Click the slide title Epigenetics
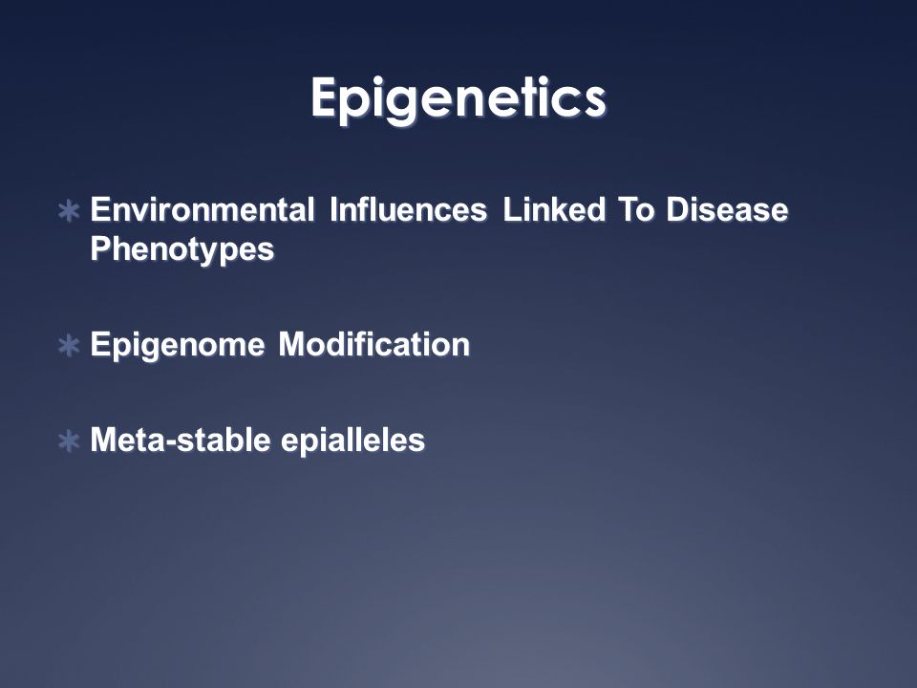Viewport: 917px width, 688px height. [x=458, y=99]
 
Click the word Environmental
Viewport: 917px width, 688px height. [x=203, y=209]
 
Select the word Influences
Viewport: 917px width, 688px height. [x=408, y=209]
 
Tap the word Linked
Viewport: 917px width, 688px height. [x=554, y=209]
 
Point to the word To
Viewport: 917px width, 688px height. [x=636, y=209]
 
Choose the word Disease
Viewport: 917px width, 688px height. [x=727, y=209]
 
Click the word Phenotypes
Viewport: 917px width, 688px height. [x=181, y=249]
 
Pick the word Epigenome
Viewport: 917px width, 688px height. [x=178, y=345]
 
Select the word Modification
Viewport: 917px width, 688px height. [x=374, y=344]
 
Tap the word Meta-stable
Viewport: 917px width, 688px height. [x=181, y=440]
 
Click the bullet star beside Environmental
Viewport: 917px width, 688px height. [x=69, y=211]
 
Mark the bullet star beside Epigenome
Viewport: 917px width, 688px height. [x=69, y=346]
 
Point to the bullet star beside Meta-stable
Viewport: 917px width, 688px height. [x=69, y=441]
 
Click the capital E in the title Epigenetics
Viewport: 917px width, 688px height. [x=324, y=97]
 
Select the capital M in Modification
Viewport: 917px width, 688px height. [x=293, y=345]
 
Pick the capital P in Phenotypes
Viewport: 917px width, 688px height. [x=102, y=248]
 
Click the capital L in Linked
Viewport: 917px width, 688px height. [x=513, y=210]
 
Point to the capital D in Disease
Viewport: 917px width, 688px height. [x=678, y=210]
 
